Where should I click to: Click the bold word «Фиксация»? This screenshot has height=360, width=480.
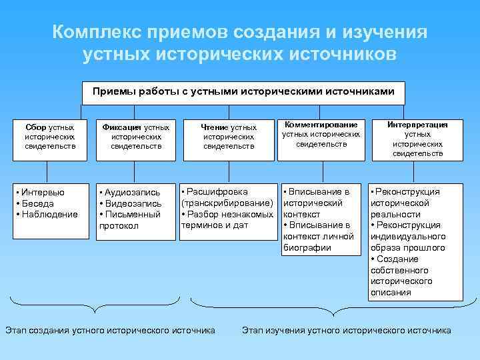(x=122, y=127)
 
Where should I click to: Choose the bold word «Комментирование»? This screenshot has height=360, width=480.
(x=321, y=124)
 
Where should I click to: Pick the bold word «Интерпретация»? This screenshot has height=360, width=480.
(x=418, y=124)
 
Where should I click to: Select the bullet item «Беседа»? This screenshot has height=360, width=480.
(x=39, y=203)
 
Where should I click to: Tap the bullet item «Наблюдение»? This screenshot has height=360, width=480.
(x=49, y=214)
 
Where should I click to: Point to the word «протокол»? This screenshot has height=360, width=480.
(x=119, y=226)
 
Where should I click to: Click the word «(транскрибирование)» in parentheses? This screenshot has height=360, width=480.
(x=227, y=203)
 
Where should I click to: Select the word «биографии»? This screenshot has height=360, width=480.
(x=307, y=247)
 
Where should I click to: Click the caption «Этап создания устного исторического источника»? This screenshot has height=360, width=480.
(x=110, y=330)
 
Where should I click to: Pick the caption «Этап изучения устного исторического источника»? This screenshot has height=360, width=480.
(x=346, y=330)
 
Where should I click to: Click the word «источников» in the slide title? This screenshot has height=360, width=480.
(x=340, y=53)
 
